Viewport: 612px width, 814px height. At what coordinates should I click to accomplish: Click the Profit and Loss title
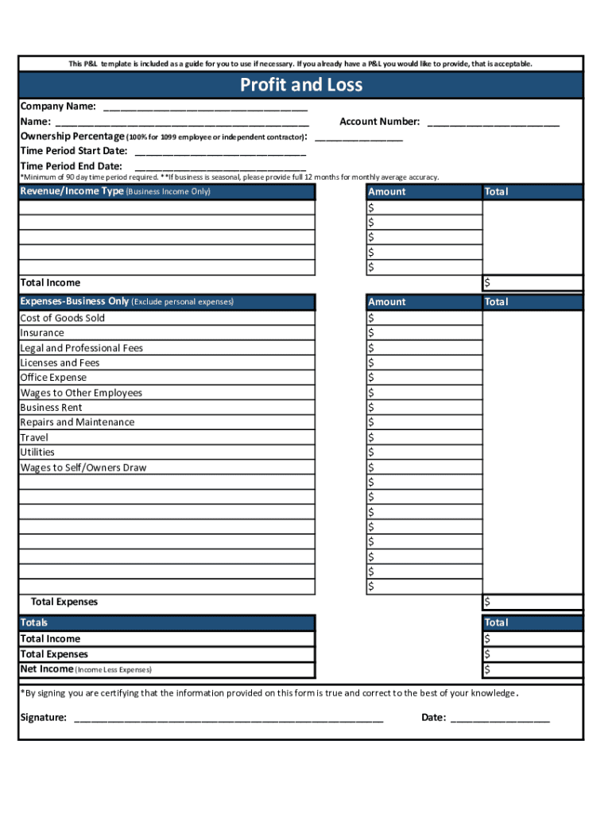point(301,85)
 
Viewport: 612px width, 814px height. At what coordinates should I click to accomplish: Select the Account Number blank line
point(493,122)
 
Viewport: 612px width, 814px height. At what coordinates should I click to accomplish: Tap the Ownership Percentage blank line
point(358,138)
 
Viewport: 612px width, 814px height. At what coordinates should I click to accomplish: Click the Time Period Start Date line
point(220,152)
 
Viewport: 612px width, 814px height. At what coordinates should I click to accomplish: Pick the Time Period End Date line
point(220,167)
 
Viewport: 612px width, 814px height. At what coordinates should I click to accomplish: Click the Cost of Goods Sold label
point(62,318)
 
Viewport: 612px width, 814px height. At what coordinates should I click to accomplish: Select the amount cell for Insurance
point(424,333)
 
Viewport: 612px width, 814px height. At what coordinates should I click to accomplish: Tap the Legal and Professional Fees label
point(81,348)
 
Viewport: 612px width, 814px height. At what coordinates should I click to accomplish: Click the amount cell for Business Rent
point(424,408)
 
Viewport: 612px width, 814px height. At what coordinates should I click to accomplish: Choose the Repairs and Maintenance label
point(77,422)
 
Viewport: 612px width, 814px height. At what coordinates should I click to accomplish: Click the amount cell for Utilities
point(424,452)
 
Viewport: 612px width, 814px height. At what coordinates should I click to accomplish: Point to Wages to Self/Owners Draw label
point(83,467)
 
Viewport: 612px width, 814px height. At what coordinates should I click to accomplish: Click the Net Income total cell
point(533,669)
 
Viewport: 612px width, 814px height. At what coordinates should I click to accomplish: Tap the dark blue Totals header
point(167,622)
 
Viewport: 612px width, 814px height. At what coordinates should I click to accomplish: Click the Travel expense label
point(34,437)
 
